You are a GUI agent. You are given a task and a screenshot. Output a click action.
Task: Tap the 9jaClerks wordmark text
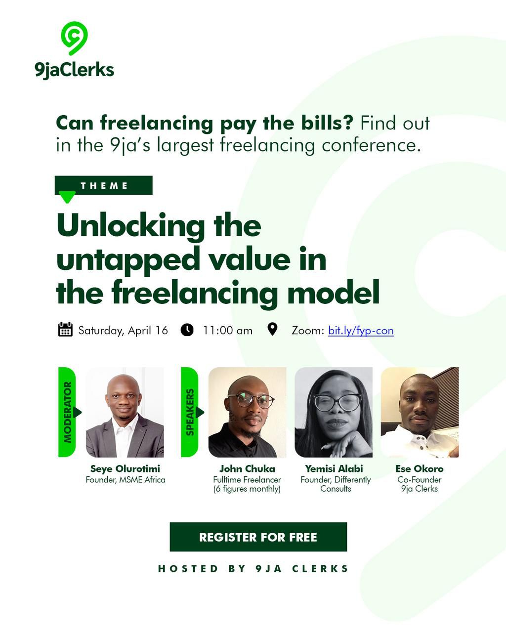pyautogui.click(x=75, y=70)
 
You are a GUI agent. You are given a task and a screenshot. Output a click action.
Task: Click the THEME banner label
pyautogui.click(x=104, y=185)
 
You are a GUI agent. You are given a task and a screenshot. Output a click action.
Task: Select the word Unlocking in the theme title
pyautogui.click(x=130, y=226)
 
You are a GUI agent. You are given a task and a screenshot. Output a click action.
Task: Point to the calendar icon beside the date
pyautogui.click(x=65, y=330)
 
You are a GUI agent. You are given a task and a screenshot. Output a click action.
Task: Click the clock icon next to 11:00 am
pyautogui.click(x=187, y=330)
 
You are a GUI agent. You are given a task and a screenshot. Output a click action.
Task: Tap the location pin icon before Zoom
pyautogui.click(x=272, y=329)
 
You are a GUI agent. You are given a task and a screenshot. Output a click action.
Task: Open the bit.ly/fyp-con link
pyautogui.click(x=361, y=330)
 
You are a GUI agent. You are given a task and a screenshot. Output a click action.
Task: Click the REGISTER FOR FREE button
pyautogui.click(x=258, y=537)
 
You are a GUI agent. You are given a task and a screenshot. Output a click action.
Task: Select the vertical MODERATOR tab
pyautogui.click(x=67, y=412)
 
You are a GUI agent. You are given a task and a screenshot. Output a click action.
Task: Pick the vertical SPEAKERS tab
pyautogui.click(x=190, y=412)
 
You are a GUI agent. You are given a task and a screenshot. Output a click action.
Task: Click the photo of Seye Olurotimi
pyautogui.click(x=125, y=412)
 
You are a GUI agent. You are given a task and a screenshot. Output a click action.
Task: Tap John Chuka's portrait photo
pyautogui.click(x=247, y=412)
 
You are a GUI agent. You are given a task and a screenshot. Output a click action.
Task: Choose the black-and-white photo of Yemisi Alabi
pyautogui.click(x=334, y=412)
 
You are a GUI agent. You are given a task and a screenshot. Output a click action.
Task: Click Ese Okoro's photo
pyautogui.click(x=420, y=412)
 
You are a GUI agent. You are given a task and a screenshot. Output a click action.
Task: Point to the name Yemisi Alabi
pyautogui.click(x=334, y=468)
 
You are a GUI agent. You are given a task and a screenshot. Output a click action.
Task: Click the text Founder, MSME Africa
pyautogui.click(x=126, y=479)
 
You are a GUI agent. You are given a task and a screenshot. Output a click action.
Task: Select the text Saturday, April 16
pyautogui.click(x=123, y=330)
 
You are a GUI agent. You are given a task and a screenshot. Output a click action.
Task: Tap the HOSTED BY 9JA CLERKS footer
pyautogui.click(x=253, y=568)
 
